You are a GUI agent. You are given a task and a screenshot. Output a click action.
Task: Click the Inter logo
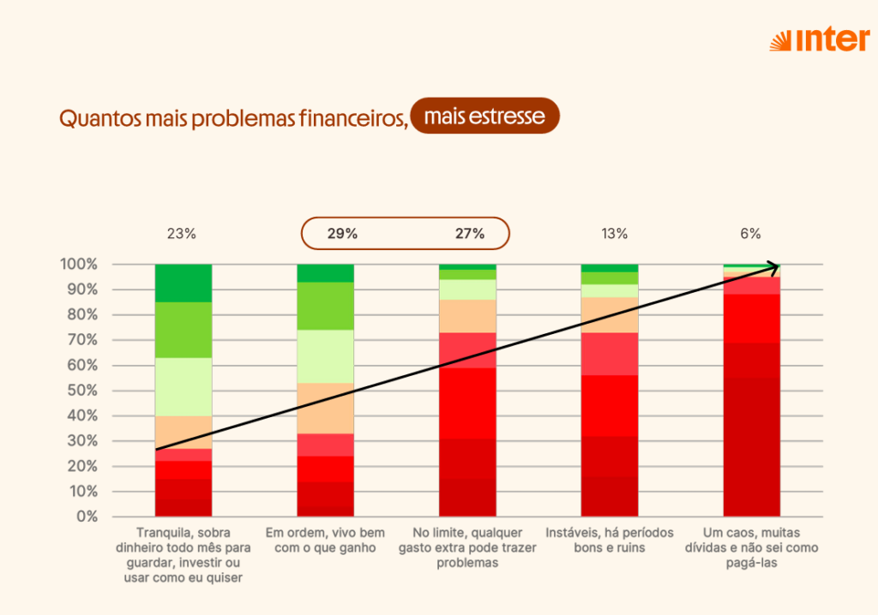coord(819,40)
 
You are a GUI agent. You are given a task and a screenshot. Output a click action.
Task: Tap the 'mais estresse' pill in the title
coord(484,116)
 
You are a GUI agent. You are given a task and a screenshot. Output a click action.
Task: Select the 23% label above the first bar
coord(183,233)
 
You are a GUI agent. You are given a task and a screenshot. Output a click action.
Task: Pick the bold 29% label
coord(342,233)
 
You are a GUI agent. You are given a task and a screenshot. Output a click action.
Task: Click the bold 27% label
coord(469,233)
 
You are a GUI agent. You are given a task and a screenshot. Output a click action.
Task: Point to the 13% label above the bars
coord(615,233)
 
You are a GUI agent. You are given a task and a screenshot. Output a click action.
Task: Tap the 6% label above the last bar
coord(751,233)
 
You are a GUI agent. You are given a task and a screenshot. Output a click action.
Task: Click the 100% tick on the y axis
coord(78,264)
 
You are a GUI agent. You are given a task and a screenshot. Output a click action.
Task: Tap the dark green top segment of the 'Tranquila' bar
coord(183,283)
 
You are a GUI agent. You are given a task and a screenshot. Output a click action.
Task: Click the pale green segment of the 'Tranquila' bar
coord(183,386)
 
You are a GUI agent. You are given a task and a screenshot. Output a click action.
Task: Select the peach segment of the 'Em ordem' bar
coord(325,410)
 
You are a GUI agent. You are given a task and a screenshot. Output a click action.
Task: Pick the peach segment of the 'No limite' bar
coord(467,316)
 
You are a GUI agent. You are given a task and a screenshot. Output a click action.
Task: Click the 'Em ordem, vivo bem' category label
coord(325,540)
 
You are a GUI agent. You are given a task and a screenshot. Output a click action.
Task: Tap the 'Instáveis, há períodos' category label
coord(609,540)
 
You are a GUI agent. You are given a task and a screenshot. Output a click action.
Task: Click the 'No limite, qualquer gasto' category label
coord(467,548)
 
